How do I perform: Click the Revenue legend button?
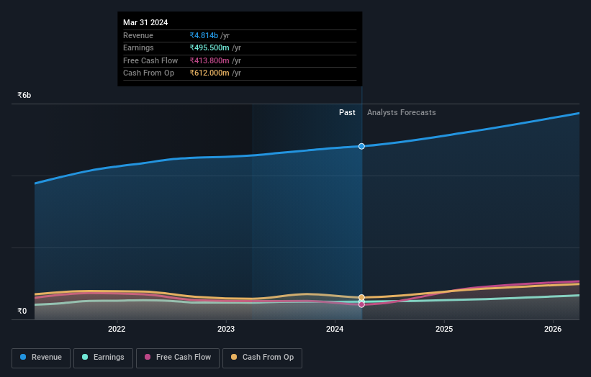pyautogui.click(x=41, y=358)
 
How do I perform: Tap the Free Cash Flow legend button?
pyautogui.click(x=178, y=358)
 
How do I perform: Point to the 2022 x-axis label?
pyautogui.click(x=117, y=330)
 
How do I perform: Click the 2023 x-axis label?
pyautogui.click(x=226, y=330)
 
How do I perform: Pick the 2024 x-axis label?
pyautogui.click(x=335, y=330)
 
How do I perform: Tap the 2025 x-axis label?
pyautogui.click(x=444, y=330)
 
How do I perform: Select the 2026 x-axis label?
pyautogui.click(x=553, y=330)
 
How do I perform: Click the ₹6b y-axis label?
pyautogui.click(x=24, y=95)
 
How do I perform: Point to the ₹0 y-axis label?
pyautogui.click(x=22, y=312)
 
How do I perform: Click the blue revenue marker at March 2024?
pyautogui.click(x=361, y=146)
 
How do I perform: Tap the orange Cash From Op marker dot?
pyautogui.click(x=361, y=297)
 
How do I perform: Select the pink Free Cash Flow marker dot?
pyautogui.click(x=361, y=304)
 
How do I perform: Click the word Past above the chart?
pyautogui.click(x=347, y=112)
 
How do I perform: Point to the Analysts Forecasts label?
pyautogui.click(x=401, y=112)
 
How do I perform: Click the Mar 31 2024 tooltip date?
pyautogui.click(x=145, y=22)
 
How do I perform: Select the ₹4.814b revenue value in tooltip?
pyautogui.click(x=204, y=35)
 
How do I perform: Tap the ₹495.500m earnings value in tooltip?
pyautogui.click(x=209, y=48)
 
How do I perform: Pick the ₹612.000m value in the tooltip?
pyautogui.click(x=209, y=73)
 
